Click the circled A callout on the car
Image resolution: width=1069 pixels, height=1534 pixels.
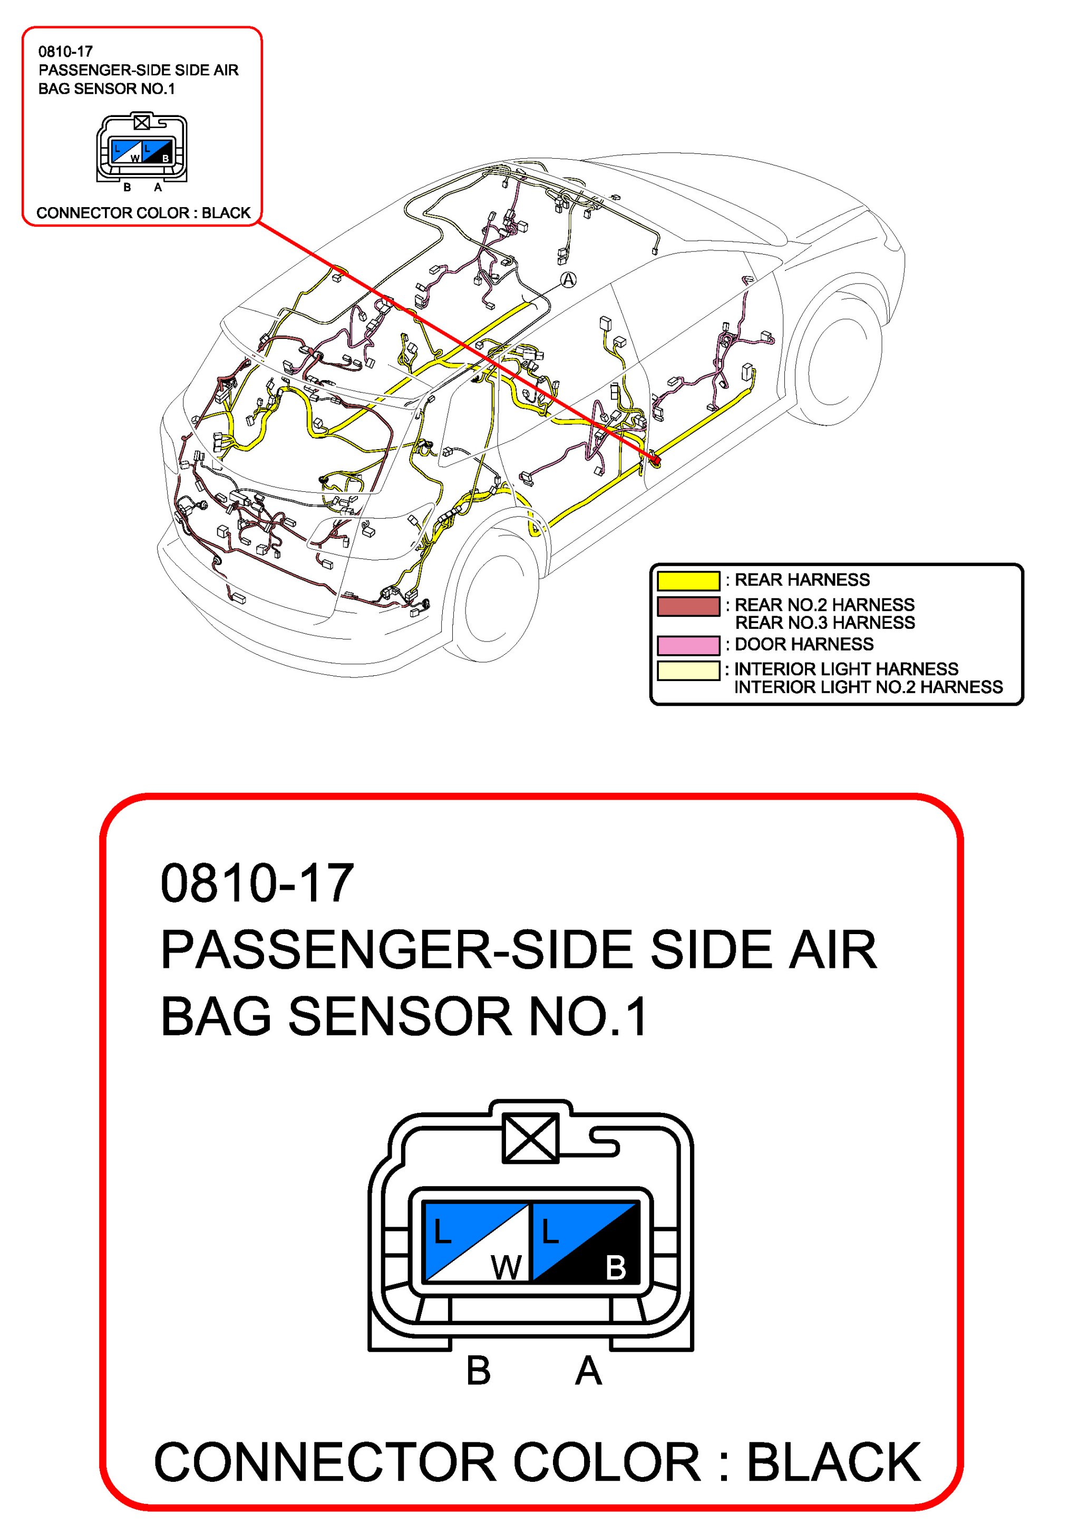[567, 279]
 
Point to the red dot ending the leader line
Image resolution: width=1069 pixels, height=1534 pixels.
[656, 460]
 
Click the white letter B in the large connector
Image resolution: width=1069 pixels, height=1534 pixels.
[615, 1267]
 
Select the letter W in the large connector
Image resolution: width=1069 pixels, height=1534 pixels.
[506, 1267]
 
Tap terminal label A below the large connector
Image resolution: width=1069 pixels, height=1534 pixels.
[588, 1372]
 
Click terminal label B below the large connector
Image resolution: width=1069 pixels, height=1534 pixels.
[479, 1372]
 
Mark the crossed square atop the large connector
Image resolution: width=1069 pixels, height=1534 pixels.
[530, 1138]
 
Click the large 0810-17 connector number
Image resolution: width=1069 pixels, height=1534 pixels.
[257, 883]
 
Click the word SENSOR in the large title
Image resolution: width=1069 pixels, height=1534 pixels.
[399, 1016]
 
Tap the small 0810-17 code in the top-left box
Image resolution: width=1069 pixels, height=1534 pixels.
[65, 52]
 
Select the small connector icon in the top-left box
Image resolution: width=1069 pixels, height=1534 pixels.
[142, 150]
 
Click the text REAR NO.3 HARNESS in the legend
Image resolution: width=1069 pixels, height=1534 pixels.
[824, 623]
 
